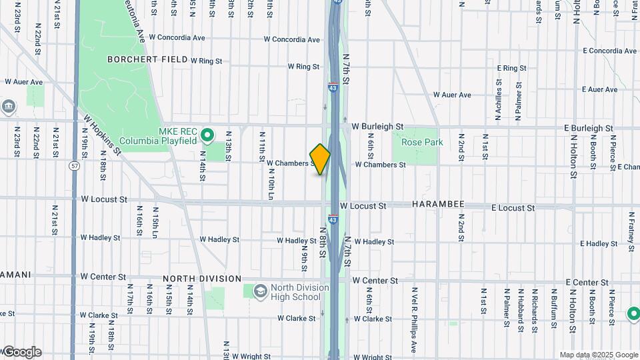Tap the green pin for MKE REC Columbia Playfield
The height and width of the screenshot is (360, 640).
pos(207,135)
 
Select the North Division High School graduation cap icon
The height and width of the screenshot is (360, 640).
pos(258,291)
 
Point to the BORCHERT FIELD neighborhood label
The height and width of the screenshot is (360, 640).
pos(147,59)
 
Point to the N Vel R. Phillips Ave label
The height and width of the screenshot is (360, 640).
pos(414,319)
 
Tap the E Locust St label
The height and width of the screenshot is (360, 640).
pos(513,208)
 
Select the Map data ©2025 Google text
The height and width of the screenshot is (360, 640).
pos(599,355)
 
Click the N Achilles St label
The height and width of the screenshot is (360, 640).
pos(498,99)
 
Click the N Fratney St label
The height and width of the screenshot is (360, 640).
pos(631,231)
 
